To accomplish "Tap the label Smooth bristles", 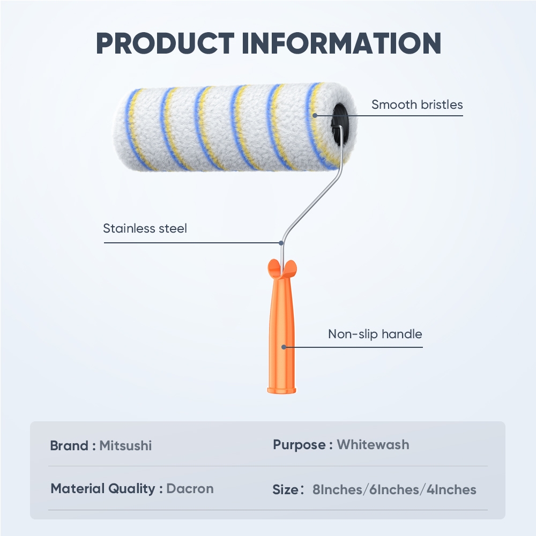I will (417, 105).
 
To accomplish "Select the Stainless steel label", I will (145, 229).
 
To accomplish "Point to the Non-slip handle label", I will (375, 334).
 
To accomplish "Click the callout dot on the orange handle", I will (284, 347).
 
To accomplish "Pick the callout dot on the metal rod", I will (281, 243).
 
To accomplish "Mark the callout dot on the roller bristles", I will (315, 114).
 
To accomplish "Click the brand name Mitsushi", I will (125, 445).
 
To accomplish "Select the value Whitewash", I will (373, 444).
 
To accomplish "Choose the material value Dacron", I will (190, 488).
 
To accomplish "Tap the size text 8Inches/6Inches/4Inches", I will (394, 489).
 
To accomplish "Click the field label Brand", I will (69, 445).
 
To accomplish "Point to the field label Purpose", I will (299, 444).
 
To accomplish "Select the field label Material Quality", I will (103, 488).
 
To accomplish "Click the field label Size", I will (285, 489).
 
